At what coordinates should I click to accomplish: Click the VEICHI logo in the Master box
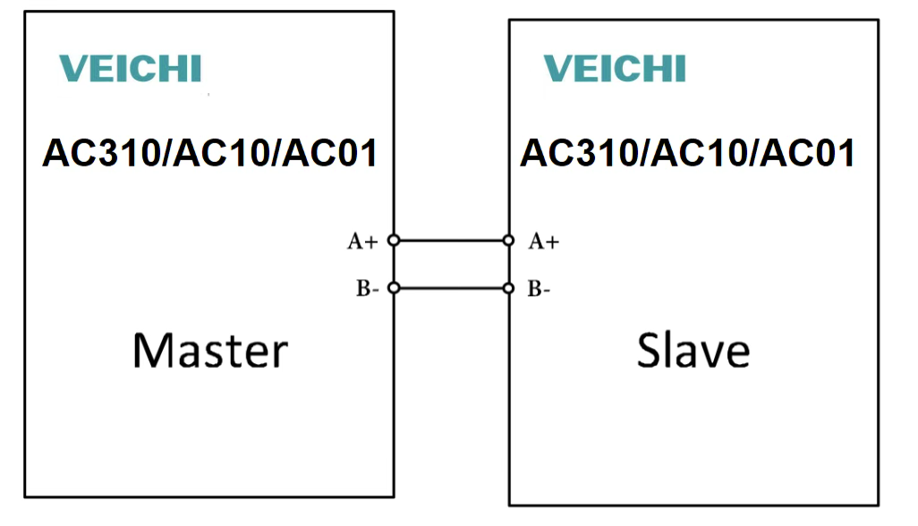131,69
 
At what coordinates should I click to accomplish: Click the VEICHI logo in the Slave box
615,69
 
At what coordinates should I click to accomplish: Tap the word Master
210,350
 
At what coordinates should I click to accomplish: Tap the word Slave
693,350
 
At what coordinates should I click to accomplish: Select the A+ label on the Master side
362,241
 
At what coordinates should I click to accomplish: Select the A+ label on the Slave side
544,241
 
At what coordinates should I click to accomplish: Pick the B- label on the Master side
367,288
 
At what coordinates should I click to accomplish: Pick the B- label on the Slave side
539,288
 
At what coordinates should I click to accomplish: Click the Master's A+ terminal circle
393,241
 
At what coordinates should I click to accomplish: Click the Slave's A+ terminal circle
508,241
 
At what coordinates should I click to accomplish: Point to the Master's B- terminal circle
393,288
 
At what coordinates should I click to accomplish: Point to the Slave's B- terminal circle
508,288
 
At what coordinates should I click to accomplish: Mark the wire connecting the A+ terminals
450,241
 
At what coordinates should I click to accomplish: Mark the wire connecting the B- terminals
450,288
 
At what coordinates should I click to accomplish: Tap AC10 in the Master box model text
219,154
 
